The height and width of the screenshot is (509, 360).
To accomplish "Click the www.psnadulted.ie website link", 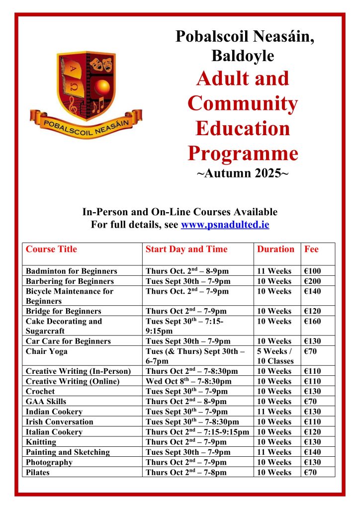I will point(225,225).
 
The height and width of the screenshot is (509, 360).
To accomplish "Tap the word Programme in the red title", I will point(243,153).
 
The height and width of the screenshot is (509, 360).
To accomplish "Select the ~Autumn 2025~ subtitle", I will point(243,174).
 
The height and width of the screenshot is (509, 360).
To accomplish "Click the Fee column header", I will point(311,249).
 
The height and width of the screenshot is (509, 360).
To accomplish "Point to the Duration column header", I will point(275,249).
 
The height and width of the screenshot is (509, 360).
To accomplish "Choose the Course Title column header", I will point(51,249).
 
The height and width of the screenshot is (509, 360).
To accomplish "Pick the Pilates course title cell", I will point(38,472).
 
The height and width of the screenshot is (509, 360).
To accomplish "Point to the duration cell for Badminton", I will point(274,271).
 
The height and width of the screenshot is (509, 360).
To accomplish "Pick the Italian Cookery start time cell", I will point(197,432).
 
